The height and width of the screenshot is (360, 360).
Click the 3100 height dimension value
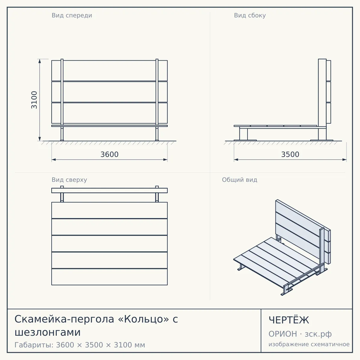coord(34,100)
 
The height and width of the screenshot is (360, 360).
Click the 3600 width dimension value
coord(109,154)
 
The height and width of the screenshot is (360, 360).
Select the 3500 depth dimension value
coord(290,154)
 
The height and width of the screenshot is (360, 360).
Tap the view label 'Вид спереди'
coord(72,16)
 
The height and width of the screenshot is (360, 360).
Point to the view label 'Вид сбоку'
coord(250,16)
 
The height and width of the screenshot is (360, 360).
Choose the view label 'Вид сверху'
coord(69,180)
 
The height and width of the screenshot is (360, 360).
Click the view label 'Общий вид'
coord(239,180)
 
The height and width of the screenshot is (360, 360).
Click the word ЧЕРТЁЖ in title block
coord(289,320)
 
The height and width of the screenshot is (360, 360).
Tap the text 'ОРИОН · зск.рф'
coord(300,334)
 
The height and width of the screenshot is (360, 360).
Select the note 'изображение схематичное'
coord(309,344)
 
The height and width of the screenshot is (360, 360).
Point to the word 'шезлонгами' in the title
coord(47,332)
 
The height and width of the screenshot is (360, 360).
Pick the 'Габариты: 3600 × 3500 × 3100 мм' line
coord(80,345)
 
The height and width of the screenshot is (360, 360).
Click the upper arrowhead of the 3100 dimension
coord(40,61)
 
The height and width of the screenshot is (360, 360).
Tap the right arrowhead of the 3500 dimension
coord(344,160)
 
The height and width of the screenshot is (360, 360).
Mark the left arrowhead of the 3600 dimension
coord(54,160)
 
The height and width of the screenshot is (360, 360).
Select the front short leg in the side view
coord(243,134)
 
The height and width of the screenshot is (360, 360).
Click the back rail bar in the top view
coord(109,190)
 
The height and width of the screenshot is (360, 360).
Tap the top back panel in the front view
coord(109,70)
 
